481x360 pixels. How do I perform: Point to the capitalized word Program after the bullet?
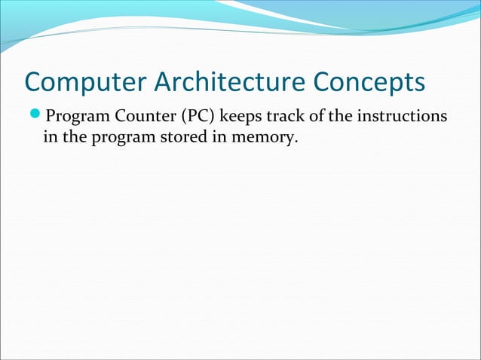(74, 118)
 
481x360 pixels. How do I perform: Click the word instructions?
(399, 118)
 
